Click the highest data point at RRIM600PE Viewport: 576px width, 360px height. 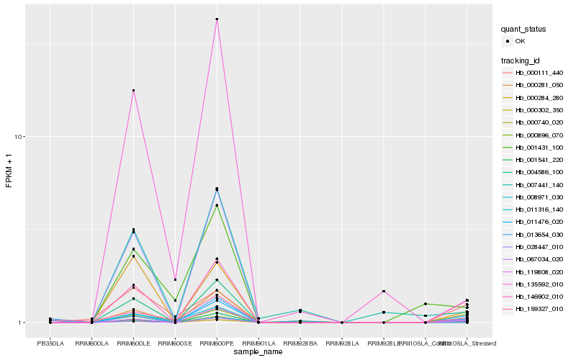(217, 19)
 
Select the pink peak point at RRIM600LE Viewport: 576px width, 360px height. (133, 91)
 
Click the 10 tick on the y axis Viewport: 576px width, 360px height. (21, 137)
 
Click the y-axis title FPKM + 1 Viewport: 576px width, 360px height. (9, 171)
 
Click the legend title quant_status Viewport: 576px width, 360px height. (523, 30)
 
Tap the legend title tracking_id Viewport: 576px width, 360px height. (521, 60)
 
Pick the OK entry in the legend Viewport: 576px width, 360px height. (521, 42)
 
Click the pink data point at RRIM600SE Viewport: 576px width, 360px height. (175, 279)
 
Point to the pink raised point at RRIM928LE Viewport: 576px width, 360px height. (384, 291)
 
